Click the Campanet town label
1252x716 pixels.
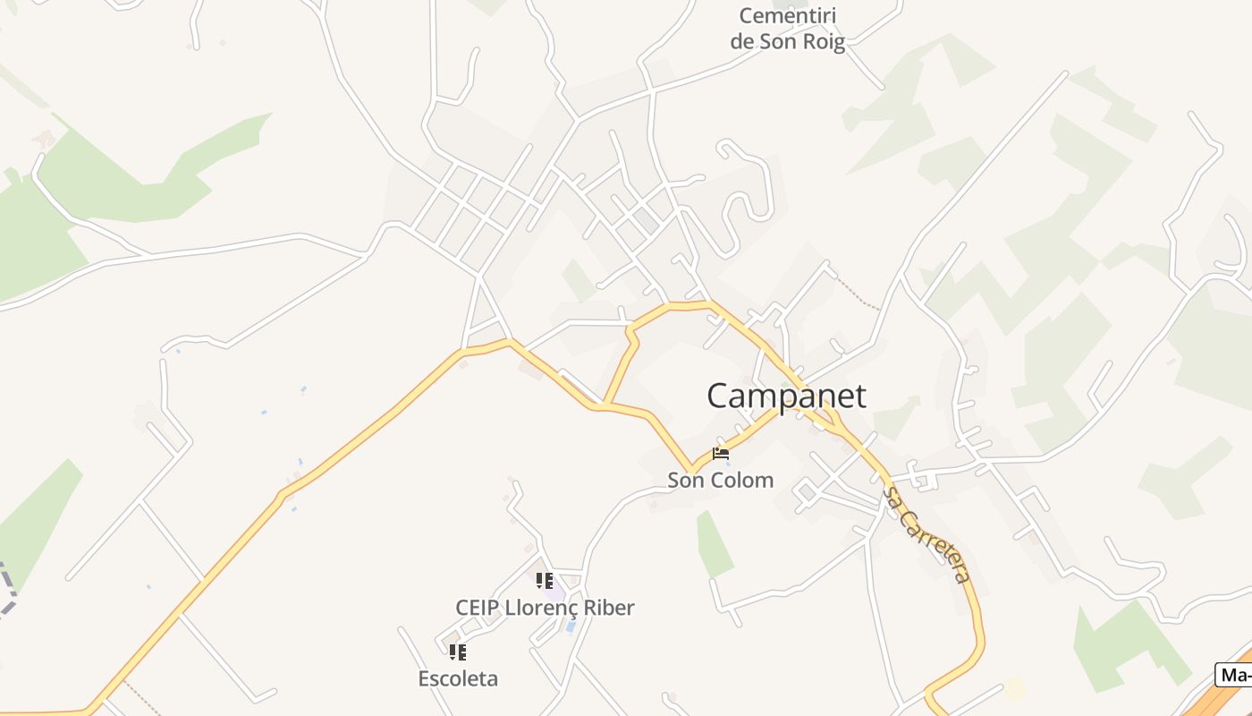(786, 396)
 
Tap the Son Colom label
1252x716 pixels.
(720, 480)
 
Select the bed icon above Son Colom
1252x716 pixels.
(721, 454)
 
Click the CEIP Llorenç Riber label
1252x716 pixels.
(545, 608)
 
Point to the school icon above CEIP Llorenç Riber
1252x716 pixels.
(545, 581)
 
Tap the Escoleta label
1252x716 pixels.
(458, 678)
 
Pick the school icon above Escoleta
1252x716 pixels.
(458, 652)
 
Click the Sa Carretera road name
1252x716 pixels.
(926, 534)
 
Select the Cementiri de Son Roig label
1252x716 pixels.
(787, 29)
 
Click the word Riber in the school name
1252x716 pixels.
(609, 608)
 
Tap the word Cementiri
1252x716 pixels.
(787, 15)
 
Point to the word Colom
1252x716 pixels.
(739, 480)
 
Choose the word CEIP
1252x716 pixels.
(478, 608)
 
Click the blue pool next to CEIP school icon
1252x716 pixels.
(571, 626)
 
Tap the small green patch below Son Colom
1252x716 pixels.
(714, 544)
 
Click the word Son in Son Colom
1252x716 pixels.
(684, 480)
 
